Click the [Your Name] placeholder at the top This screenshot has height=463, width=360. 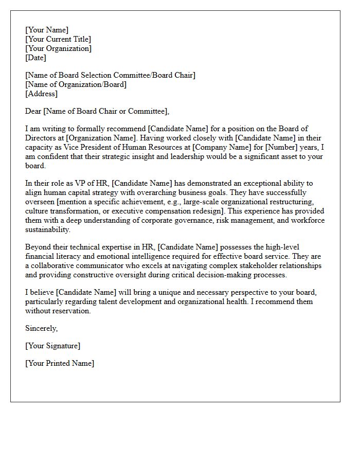tap(47, 30)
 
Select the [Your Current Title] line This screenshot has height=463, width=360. tap(58, 39)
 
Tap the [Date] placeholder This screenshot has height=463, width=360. tap(35, 58)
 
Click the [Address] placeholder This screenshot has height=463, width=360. tap(41, 94)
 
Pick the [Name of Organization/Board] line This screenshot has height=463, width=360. tap(76, 84)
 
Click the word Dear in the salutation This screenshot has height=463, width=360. tap(33, 111)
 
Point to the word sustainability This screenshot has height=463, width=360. tap(47, 230)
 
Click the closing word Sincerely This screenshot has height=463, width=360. tap(41, 328)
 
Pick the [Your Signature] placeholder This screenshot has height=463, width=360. tap(52, 346)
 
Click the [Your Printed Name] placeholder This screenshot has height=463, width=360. tap(60, 363)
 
